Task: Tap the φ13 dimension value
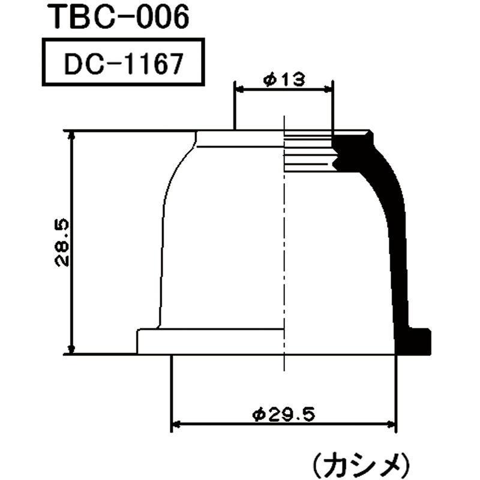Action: click(283, 79)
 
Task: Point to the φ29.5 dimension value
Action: click(284, 414)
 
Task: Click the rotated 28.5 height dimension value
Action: click(62, 242)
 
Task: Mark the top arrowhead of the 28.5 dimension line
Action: click(72, 135)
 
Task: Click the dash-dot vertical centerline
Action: click(284, 252)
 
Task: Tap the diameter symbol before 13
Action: click(269, 79)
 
